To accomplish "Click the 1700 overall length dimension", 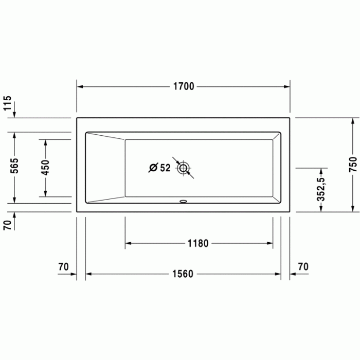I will click(183, 86).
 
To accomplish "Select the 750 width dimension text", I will click(353, 164).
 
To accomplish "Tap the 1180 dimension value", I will click(199, 243).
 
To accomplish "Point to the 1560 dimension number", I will click(183, 274).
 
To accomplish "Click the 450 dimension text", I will click(45, 168).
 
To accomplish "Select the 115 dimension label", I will click(7, 103).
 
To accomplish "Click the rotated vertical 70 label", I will click(7, 224).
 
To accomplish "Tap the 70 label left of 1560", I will click(63, 267).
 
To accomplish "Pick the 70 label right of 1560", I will click(303, 267).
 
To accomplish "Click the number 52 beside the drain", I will click(165, 168).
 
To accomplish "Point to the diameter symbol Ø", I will click(153, 168).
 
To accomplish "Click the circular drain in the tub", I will click(183, 168).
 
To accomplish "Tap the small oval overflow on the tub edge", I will click(183, 202).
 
